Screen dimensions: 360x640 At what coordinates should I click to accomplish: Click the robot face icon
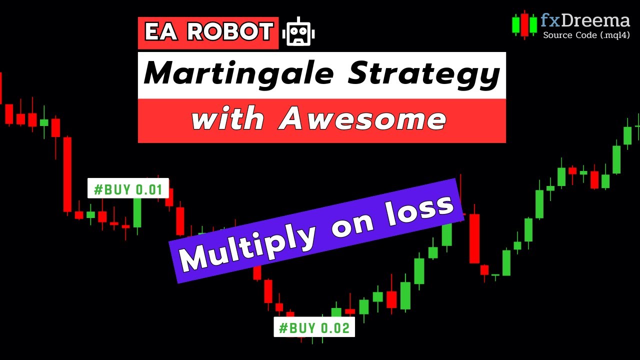coord(298,32)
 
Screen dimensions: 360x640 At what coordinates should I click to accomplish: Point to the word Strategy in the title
coord(424,74)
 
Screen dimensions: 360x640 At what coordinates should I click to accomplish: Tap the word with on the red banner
coord(227,120)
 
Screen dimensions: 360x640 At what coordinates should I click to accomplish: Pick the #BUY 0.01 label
coord(128,189)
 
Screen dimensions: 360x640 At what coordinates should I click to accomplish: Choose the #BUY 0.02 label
coord(314,328)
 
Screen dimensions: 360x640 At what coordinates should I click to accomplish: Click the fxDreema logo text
coord(585,21)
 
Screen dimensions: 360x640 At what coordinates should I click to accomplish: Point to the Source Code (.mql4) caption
coord(586,35)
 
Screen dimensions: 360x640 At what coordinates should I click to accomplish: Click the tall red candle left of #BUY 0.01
coord(67,174)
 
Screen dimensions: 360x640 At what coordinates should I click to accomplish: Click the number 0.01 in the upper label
coord(148,189)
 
